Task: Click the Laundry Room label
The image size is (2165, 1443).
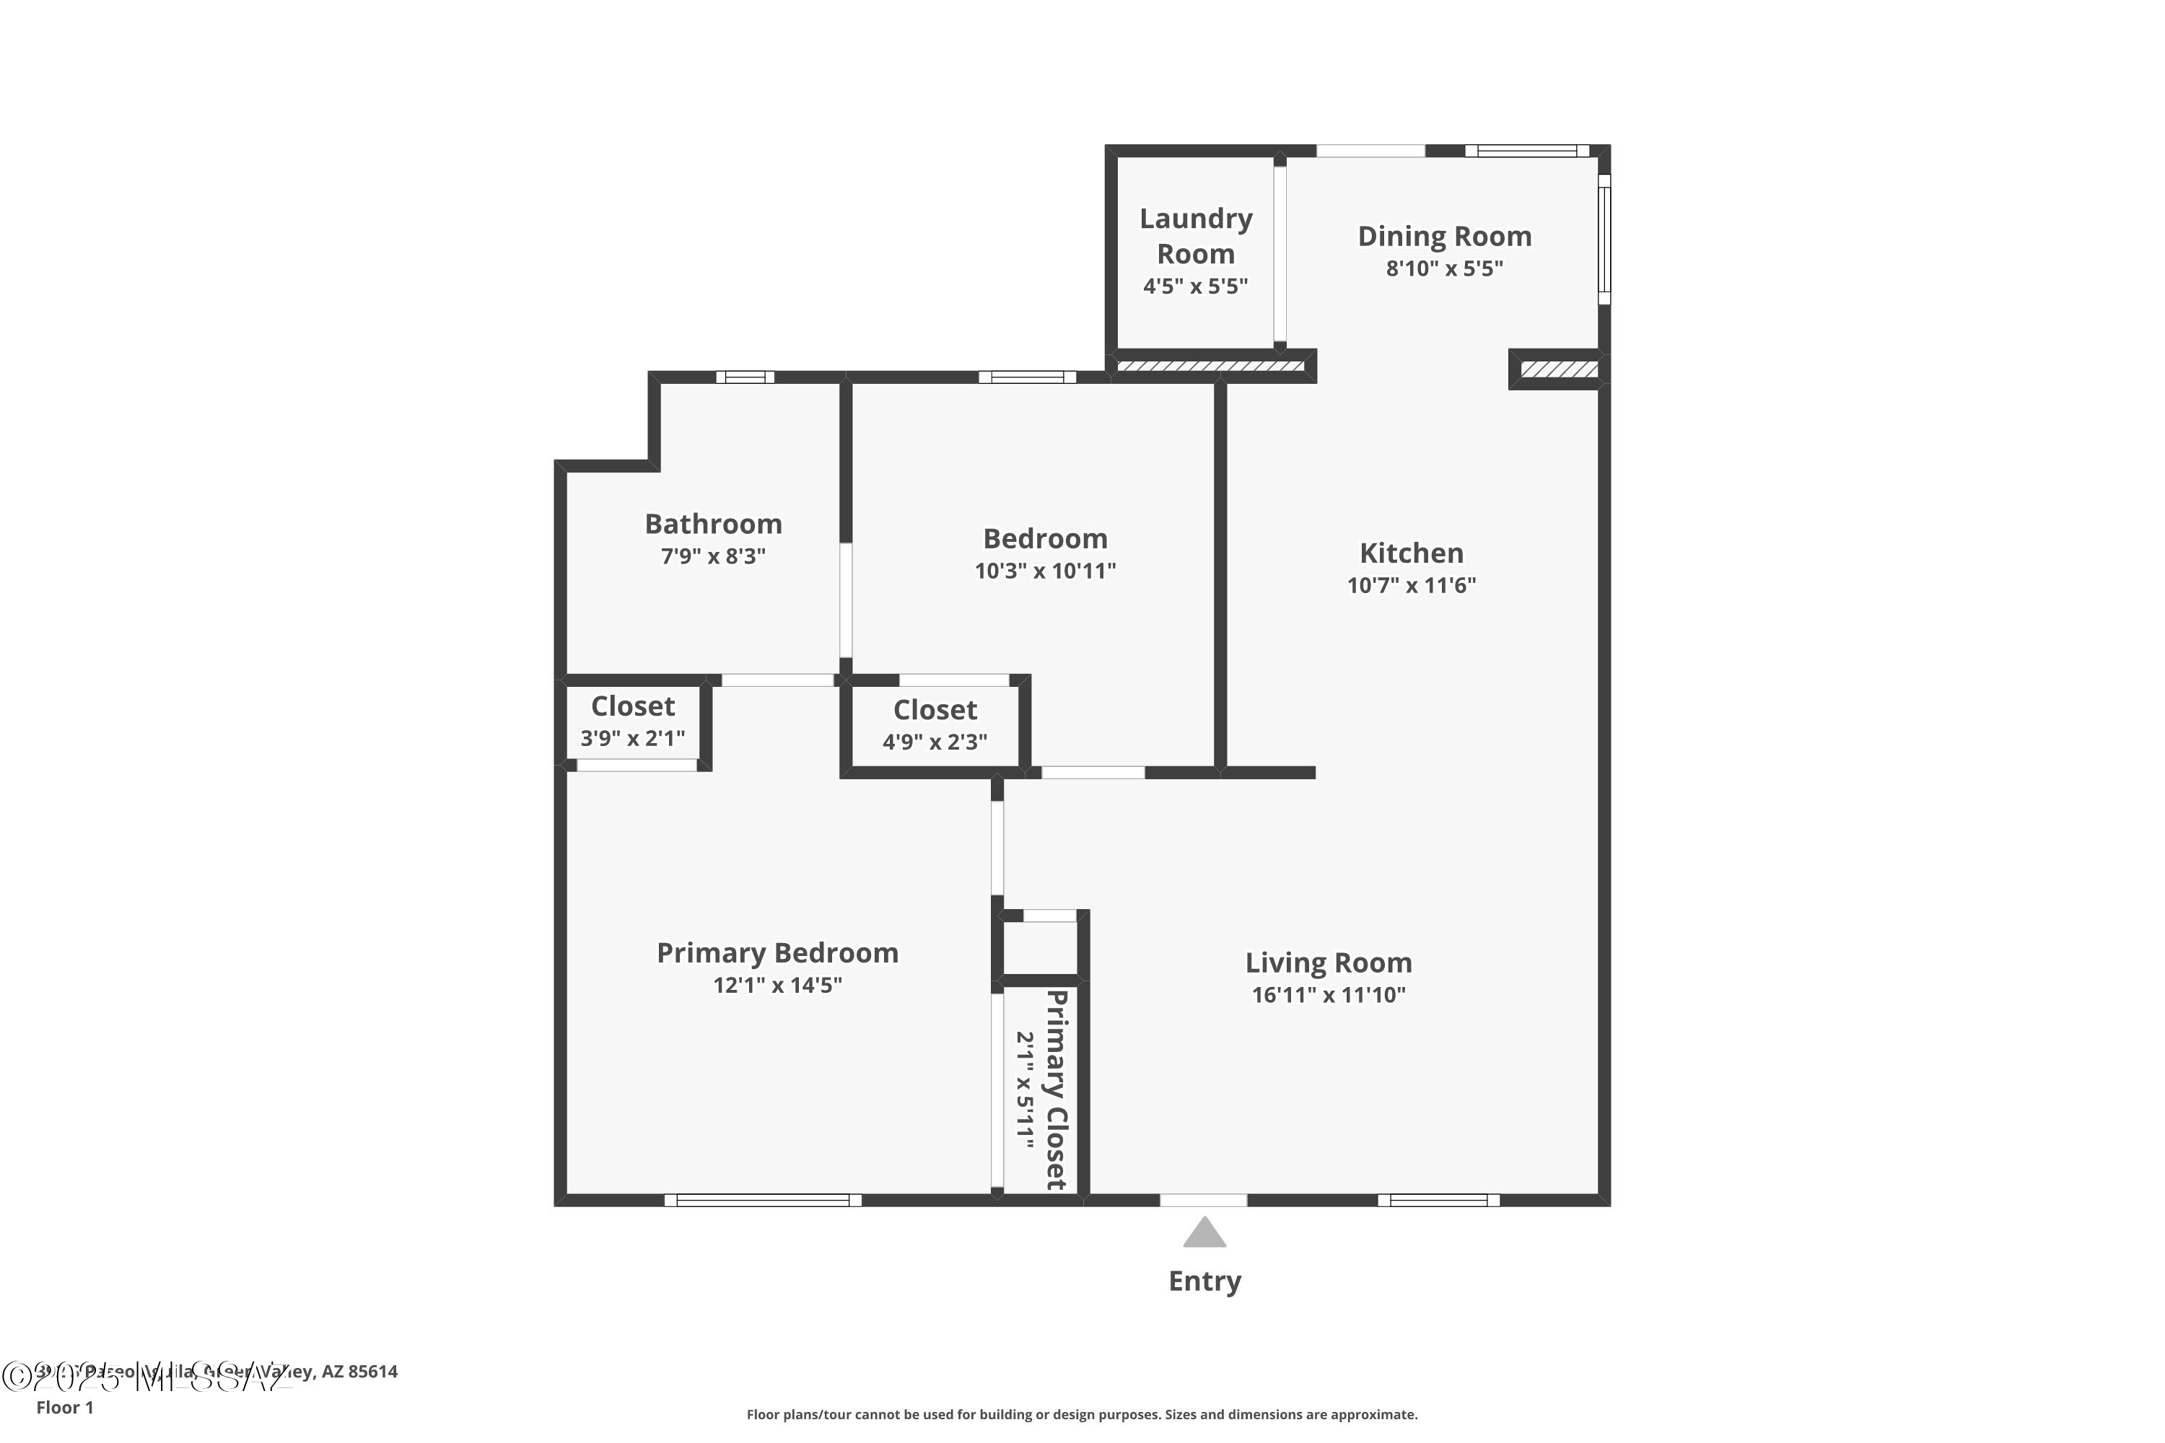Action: (1196, 236)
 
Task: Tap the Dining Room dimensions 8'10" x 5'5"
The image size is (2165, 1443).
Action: (1444, 268)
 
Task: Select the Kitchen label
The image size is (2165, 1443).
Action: (1411, 553)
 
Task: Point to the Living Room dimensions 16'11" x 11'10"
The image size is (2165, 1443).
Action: (1329, 995)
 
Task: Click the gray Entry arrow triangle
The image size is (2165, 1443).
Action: (1204, 1234)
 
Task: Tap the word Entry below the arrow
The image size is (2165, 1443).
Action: (1204, 1281)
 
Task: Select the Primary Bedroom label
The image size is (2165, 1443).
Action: (777, 952)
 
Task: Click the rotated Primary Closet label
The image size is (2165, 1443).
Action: (1057, 1089)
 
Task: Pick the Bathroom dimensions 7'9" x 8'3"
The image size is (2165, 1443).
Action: (714, 556)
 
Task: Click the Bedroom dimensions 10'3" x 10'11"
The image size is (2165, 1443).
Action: (1045, 571)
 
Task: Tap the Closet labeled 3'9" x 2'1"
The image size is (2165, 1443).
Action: (632, 721)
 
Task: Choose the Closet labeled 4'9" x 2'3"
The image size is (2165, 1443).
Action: (935, 724)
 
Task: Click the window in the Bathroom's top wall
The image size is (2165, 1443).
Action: (745, 377)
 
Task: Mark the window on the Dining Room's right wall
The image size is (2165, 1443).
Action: (1604, 240)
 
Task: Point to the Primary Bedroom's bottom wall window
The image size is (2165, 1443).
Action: (762, 1200)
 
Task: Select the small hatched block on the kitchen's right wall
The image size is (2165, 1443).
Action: (1558, 369)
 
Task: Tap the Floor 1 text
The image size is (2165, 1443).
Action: (64, 1407)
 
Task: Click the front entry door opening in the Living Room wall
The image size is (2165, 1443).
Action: (1203, 1200)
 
